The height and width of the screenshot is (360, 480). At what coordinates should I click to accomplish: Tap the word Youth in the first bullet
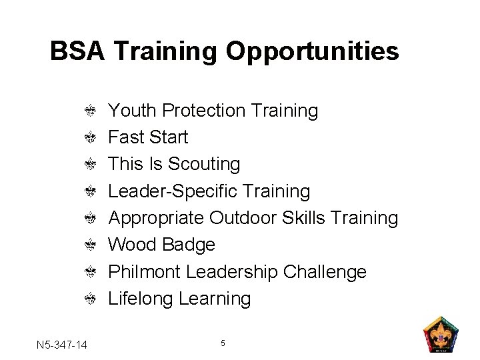coord(132,110)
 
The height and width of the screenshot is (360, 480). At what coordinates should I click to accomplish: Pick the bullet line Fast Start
coord(148,137)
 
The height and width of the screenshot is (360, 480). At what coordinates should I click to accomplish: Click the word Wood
coord(133,245)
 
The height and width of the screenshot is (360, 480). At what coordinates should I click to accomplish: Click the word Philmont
coord(145,272)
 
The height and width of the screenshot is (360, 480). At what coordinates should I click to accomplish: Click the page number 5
coord(223,343)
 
